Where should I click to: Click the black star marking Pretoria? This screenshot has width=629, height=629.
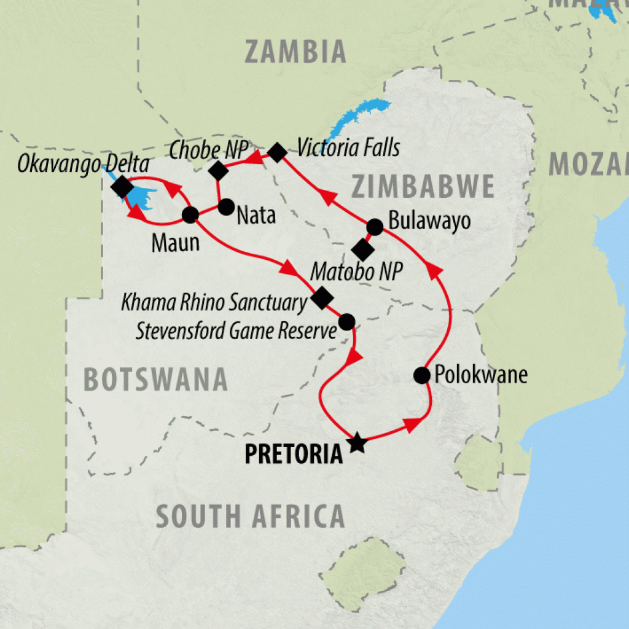point(356,442)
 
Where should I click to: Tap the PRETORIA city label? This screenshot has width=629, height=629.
point(294,454)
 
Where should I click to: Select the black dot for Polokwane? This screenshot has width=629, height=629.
point(421,375)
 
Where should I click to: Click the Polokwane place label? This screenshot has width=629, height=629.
point(481,375)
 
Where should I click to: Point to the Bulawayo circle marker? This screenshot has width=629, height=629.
point(374,227)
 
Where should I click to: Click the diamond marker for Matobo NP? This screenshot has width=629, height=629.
point(362,250)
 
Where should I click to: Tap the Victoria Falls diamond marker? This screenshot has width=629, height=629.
point(276,152)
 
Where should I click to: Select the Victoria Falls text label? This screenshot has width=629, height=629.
point(348,148)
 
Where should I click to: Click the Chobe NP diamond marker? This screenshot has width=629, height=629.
point(219,170)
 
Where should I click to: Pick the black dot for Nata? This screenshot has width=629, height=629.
point(227,206)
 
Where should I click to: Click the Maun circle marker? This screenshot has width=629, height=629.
point(190,214)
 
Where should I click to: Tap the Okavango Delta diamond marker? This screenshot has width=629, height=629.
point(121,187)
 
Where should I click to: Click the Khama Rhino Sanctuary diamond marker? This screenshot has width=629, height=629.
point(322,298)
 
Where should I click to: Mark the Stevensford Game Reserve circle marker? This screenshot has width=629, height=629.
point(346,321)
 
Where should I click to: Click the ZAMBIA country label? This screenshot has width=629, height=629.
point(295,52)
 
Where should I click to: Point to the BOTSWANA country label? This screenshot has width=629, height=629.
point(155,380)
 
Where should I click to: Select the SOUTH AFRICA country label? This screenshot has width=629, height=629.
point(250,516)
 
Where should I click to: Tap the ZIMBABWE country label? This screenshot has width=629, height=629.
point(423,186)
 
